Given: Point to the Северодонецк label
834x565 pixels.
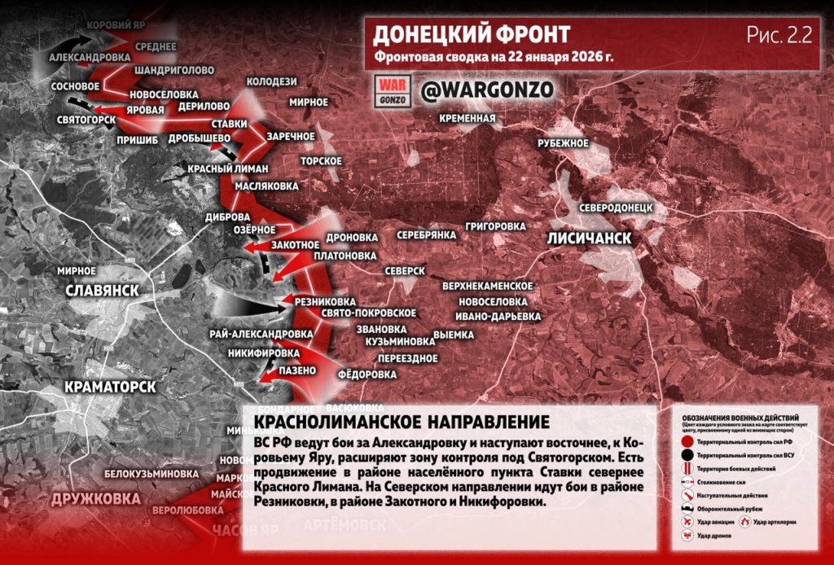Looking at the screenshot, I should point(616,208).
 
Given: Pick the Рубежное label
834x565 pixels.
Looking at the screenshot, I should point(563,143).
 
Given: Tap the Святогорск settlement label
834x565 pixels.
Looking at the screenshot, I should point(86,119).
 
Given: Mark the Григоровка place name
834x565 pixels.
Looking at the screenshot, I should point(495,226).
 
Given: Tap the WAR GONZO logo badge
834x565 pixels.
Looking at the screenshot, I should point(393,90).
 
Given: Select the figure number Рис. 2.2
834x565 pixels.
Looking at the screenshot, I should point(779,33).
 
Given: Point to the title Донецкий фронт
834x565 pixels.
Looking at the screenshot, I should point(471,34).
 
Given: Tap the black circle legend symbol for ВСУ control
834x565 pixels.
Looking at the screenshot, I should point(686,455).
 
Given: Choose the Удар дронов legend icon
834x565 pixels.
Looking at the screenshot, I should point(686,536).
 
